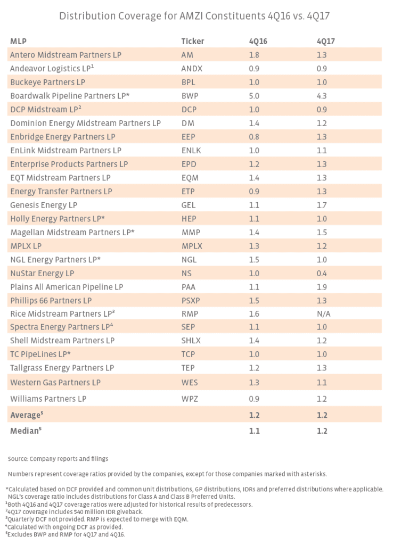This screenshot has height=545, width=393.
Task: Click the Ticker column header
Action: click(192, 41)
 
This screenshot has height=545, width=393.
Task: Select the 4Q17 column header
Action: click(325, 41)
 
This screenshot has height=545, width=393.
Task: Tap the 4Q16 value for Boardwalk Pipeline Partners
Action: click(254, 96)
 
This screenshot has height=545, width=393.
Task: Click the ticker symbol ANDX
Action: click(192, 69)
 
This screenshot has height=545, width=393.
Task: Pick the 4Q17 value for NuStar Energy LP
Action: click(322, 273)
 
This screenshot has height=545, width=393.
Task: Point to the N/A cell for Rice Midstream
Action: click(323, 314)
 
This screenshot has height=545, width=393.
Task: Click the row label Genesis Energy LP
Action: click(44, 205)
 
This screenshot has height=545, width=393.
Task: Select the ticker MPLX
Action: click(192, 246)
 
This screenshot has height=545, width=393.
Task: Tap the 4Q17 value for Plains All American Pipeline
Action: click(322, 287)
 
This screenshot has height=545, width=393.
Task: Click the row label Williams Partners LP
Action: click(48, 399)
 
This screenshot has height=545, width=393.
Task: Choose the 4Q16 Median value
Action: click(254, 431)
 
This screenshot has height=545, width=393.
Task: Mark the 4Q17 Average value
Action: click(322, 415)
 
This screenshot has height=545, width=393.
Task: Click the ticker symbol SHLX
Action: click(191, 341)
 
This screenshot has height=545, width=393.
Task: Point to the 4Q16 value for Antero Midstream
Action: click(254, 55)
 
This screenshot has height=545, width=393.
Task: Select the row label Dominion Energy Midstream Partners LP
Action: click(85, 123)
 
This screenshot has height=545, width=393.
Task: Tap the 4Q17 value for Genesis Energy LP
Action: click(322, 205)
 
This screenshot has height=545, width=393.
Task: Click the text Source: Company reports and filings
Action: click(58, 459)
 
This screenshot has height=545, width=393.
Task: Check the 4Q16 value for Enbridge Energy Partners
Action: click(254, 137)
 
